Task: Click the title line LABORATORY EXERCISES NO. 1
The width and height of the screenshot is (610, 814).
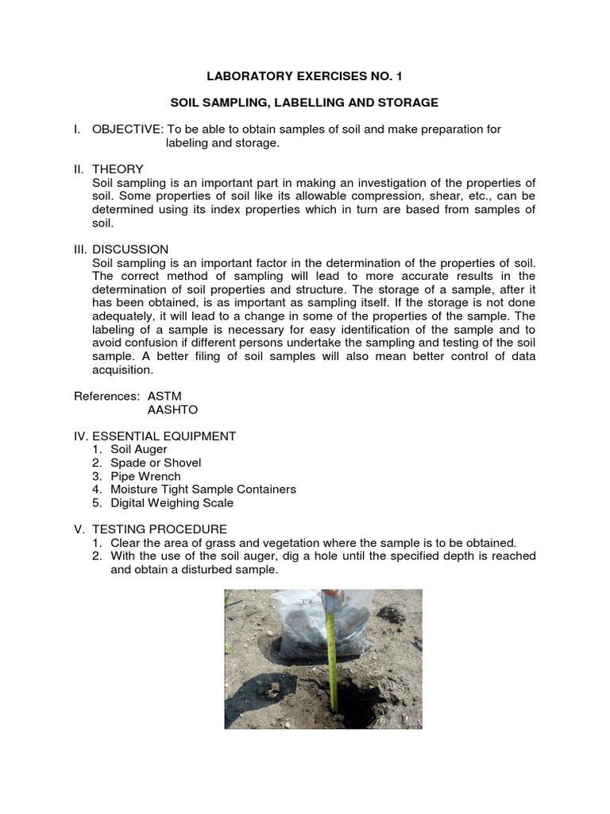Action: [x=306, y=76]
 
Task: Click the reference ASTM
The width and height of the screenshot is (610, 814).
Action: [x=165, y=396]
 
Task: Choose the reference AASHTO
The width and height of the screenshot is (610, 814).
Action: [x=172, y=409]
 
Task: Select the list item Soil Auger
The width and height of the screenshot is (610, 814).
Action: [x=139, y=449]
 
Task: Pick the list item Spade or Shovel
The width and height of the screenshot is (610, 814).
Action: [x=156, y=463]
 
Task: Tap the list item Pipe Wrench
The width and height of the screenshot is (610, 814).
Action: [x=145, y=476]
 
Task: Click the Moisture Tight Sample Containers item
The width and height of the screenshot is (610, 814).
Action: [x=203, y=490]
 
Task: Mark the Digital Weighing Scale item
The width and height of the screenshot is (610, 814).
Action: [x=172, y=503]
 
